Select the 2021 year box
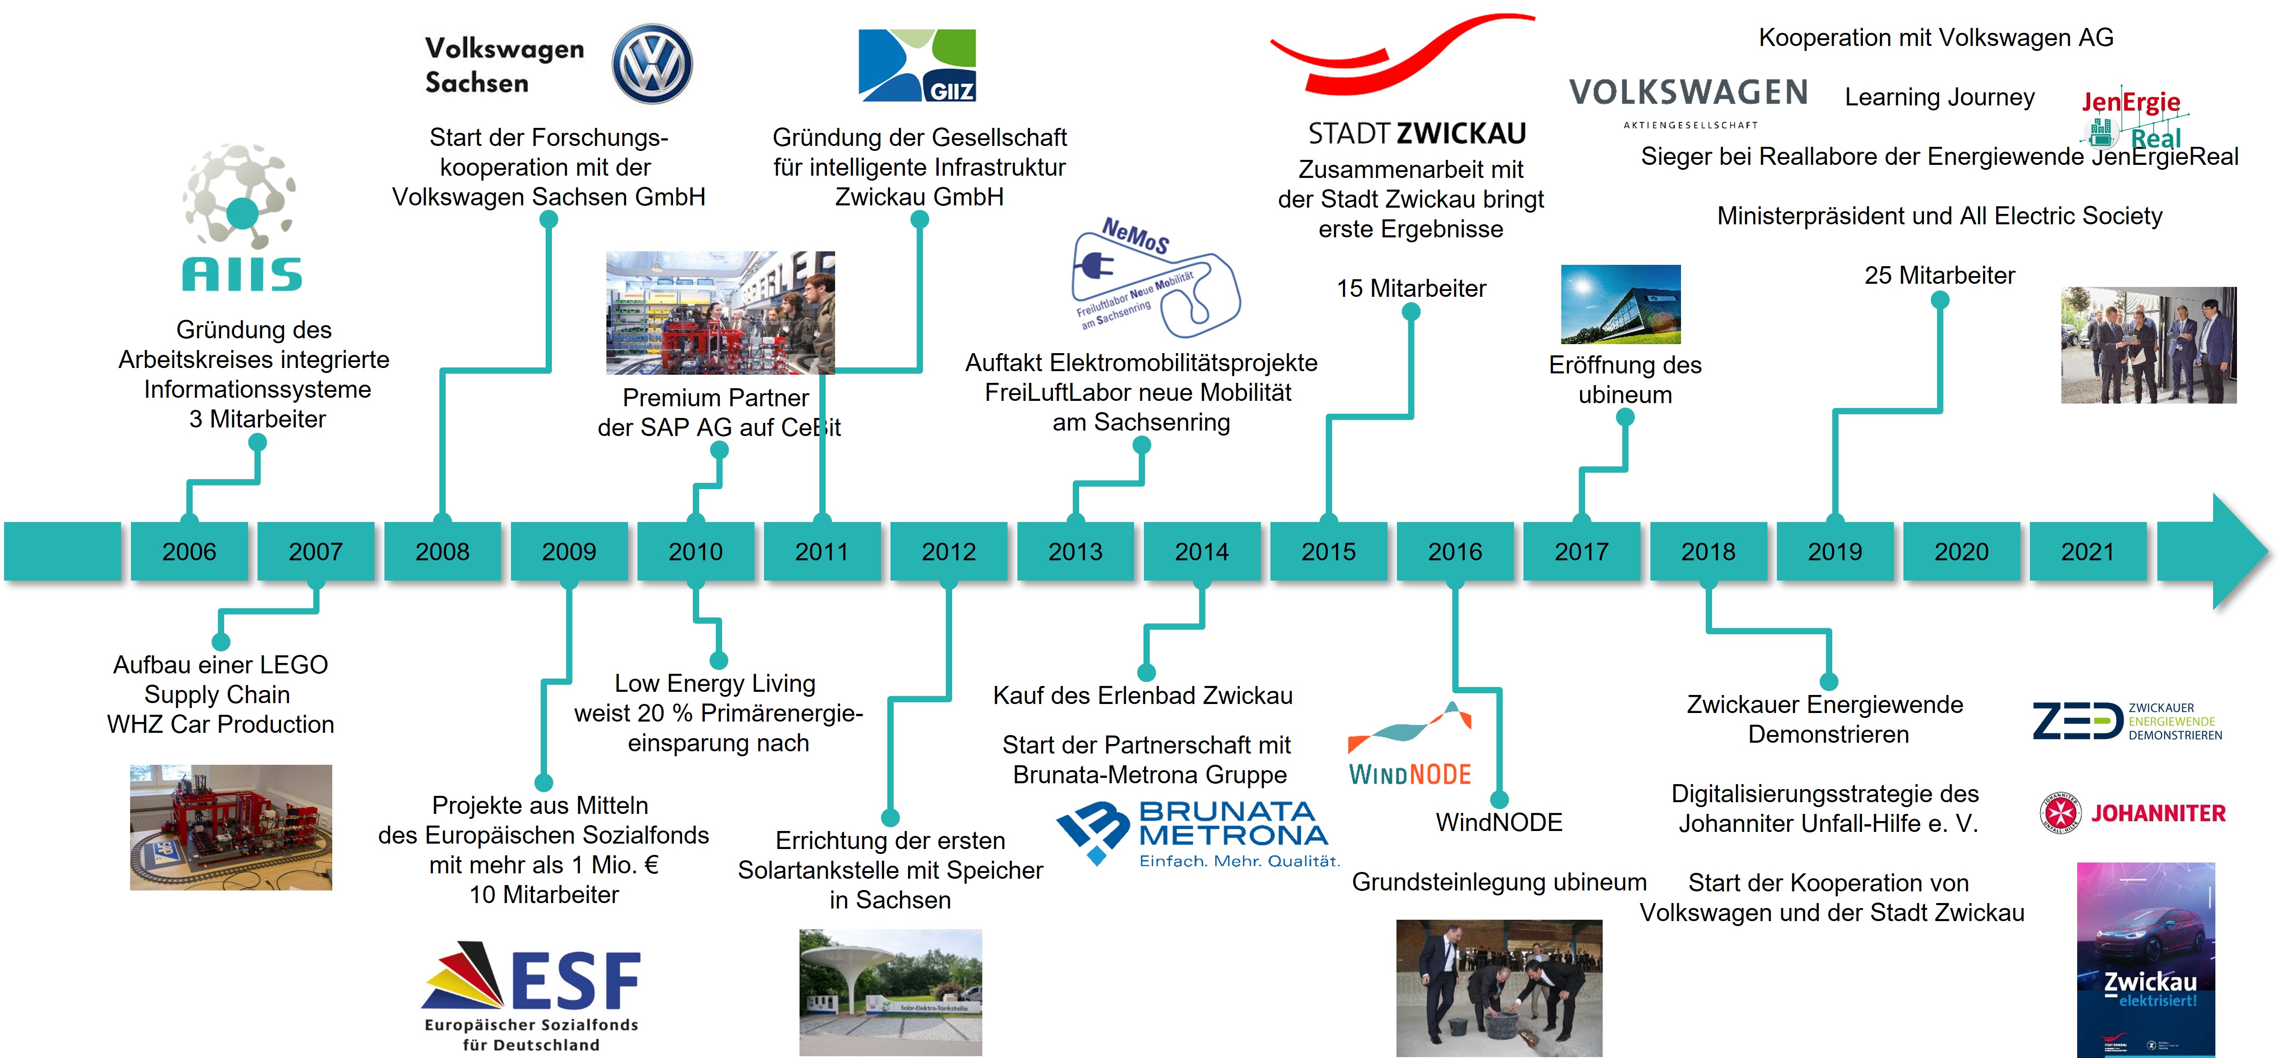tap(2087, 551)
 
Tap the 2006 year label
tap(189, 551)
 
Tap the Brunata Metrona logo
tap(1196, 833)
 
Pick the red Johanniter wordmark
tap(2158, 813)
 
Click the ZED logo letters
tap(2077, 721)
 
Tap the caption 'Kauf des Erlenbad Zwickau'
tap(1143, 695)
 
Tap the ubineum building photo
tap(1620, 304)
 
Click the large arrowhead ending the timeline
tap(2237, 551)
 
